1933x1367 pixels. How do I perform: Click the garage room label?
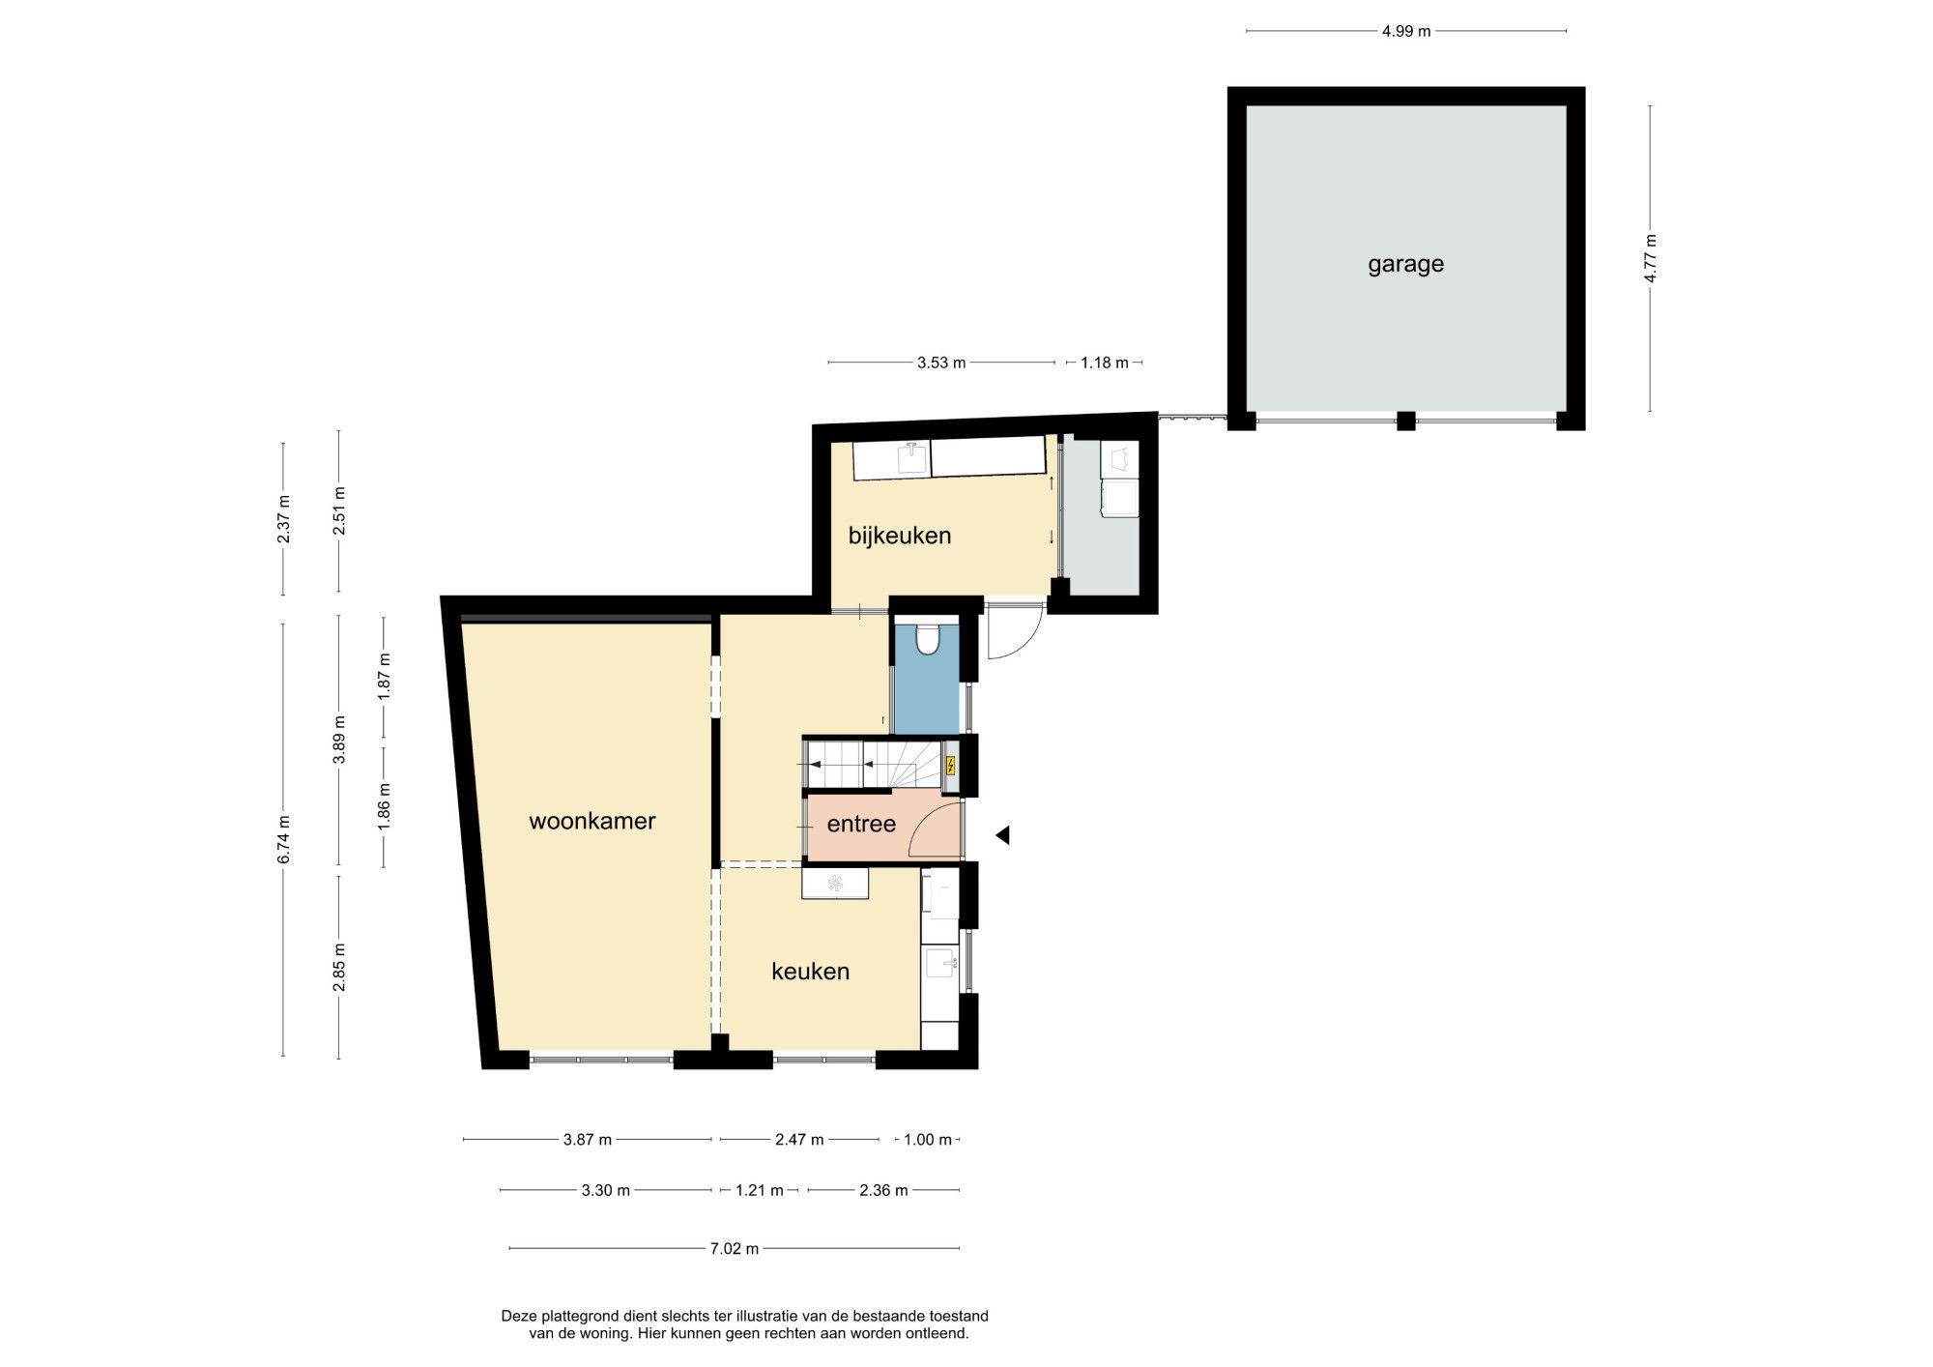tap(1405, 264)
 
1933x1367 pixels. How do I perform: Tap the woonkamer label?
tap(592, 821)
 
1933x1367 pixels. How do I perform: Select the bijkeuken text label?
tap(900, 535)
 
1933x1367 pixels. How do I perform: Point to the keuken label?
tap(810, 971)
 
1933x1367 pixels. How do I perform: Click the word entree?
tap(861, 824)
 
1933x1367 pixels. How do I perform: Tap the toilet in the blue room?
tap(928, 639)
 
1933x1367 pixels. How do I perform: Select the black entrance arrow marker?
tap(1002, 834)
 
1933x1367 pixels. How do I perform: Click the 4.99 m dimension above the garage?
tap(1406, 31)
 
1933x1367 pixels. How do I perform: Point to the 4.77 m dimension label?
tap(1651, 259)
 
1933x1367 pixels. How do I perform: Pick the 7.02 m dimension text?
tap(735, 1248)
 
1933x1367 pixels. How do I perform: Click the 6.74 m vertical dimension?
tap(283, 840)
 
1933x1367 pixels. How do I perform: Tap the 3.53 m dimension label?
tap(941, 363)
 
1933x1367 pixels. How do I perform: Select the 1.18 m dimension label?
tap(1105, 363)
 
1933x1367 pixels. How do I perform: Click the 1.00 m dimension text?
tap(928, 1140)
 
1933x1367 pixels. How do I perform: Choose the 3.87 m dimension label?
tap(588, 1140)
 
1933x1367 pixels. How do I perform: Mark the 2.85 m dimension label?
tap(338, 967)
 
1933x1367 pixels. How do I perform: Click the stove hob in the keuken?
tap(835, 883)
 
